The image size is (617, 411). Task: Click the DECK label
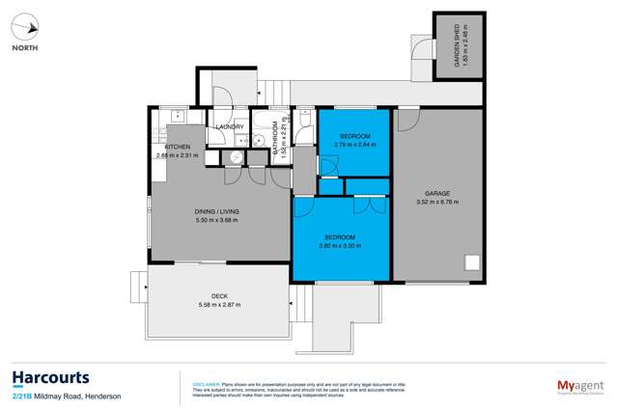pos(219,296)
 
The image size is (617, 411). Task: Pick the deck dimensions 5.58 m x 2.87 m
pos(219,305)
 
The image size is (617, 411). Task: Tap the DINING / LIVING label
pos(217,211)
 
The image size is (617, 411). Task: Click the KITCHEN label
pos(176,146)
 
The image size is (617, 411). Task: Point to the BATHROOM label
pos(274,140)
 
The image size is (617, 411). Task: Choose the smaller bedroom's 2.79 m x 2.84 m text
pos(355,146)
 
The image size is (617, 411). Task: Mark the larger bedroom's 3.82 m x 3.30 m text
pos(340,245)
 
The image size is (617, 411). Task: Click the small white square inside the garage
pos(473,262)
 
